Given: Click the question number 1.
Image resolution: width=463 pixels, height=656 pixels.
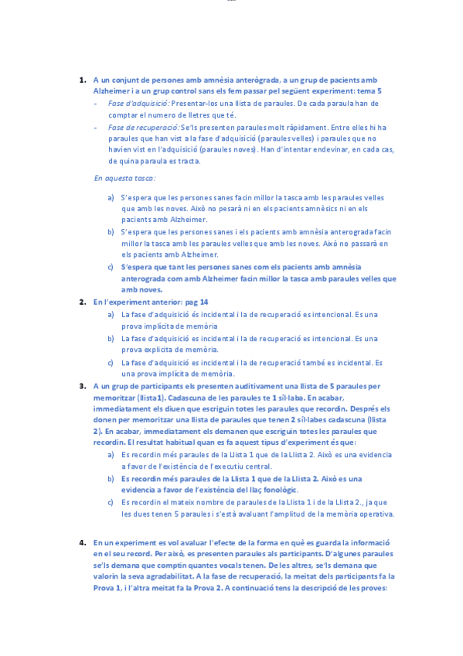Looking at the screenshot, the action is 82,80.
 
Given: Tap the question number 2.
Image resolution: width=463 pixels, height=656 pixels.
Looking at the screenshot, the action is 82,302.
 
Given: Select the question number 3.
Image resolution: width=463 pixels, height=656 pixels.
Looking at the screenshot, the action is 82,385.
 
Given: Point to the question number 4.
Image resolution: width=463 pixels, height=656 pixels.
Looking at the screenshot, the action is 82,542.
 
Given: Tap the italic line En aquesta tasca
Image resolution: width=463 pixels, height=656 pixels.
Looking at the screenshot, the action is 124,177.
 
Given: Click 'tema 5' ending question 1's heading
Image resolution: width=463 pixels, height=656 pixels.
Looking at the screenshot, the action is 369,91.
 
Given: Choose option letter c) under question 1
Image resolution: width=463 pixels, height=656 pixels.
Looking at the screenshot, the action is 112,267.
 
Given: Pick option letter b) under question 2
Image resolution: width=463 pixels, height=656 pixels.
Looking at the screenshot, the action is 112,338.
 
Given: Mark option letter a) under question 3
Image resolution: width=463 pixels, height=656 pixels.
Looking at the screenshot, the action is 112,453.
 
